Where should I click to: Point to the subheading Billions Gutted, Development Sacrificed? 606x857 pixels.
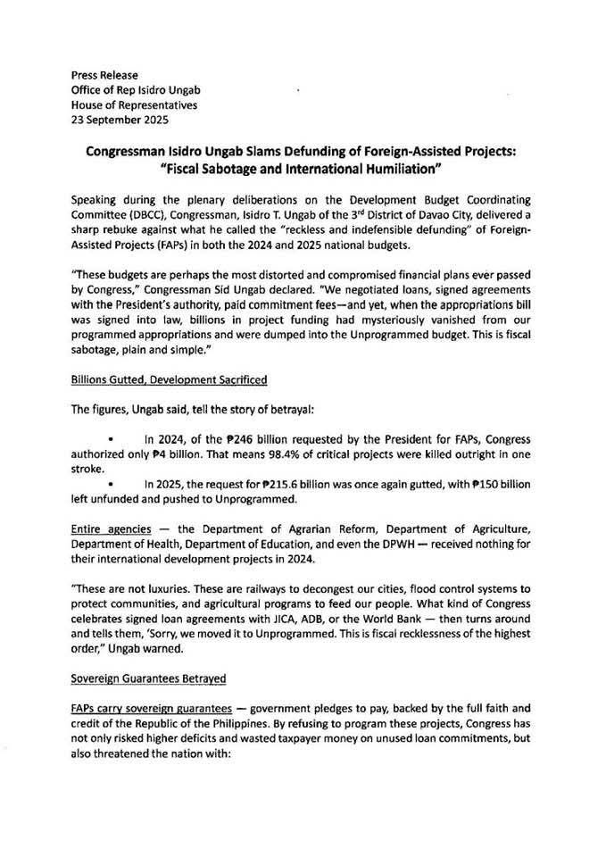click(x=169, y=379)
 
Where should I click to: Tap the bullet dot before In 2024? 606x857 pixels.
click(x=111, y=439)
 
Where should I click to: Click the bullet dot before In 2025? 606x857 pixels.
click(x=111, y=483)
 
